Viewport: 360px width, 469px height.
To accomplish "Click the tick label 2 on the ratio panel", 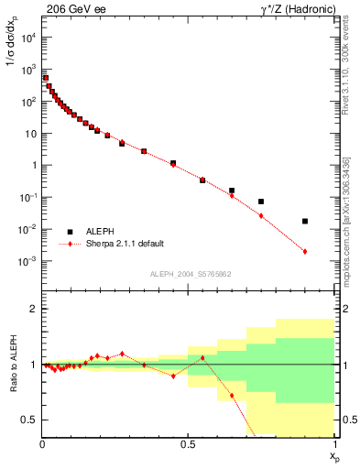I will tap(33, 310).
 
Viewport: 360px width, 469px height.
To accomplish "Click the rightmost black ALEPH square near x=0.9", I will tap(305, 221).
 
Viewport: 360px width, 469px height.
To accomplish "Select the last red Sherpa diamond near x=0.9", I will tap(305, 251).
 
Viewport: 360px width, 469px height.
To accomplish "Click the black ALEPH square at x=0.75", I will tap(261, 202).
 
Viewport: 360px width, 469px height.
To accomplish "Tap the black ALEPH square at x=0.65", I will tap(232, 191).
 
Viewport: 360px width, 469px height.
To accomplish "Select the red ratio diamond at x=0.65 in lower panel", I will tap(232, 396).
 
